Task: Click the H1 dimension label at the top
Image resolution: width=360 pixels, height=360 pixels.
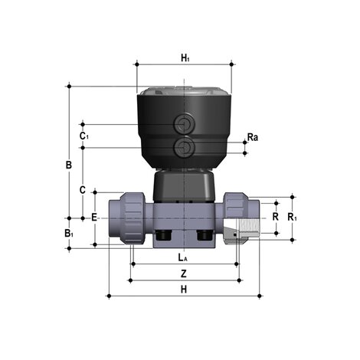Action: [185, 57]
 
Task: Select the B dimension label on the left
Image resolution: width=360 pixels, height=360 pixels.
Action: [68, 165]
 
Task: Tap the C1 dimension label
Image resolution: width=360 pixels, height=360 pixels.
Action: [84, 136]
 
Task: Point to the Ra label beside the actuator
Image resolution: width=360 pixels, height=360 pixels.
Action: [253, 138]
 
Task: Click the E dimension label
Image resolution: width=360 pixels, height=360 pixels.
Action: [94, 218]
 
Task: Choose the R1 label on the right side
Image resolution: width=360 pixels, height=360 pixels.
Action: [291, 218]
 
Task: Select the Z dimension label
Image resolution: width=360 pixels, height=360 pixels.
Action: [184, 273]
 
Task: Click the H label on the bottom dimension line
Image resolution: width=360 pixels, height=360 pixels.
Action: [184, 289]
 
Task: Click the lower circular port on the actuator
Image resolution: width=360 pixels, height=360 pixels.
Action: [184, 146]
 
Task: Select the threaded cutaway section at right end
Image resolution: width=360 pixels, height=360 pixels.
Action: [244, 227]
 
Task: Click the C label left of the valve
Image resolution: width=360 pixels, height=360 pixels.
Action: [83, 188]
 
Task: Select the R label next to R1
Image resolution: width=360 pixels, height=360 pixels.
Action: [275, 218]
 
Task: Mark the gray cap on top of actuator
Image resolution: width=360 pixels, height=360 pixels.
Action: [184, 90]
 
